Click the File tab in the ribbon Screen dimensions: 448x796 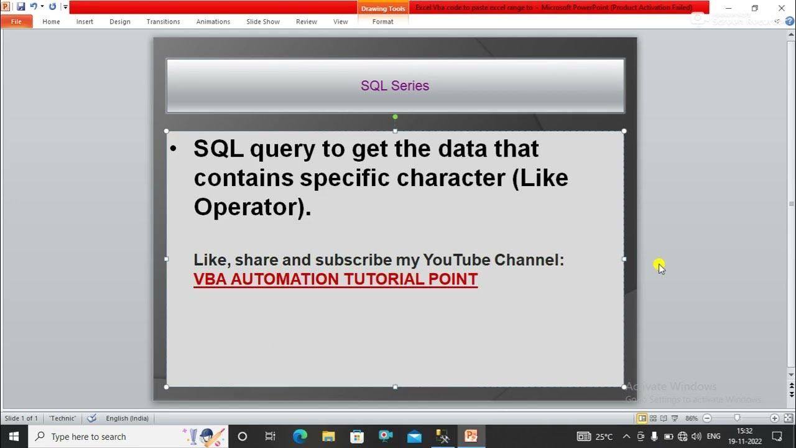point(16,22)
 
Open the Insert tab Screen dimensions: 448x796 point(85,22)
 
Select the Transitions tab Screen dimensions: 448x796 point(163,22)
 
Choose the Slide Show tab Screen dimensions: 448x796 point(263,22)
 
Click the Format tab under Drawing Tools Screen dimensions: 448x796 point(382,22)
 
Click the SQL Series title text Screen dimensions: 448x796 point(395,86)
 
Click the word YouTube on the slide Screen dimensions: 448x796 point(456,260)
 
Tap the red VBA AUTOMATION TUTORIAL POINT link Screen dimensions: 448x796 point(335,279)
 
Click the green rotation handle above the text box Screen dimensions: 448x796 point(395,117)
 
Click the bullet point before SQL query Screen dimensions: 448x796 point(174,149)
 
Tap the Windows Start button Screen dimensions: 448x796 point(14,436)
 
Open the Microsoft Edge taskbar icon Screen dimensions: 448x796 point(300,436)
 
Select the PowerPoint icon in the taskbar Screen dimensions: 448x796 point(471,436)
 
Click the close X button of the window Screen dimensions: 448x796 point(782,8)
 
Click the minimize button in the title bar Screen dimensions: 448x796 point(728,8)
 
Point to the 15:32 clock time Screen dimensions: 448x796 point(744,431)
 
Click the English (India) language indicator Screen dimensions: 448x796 point(127,418)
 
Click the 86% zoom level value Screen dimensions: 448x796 point(692,418)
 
